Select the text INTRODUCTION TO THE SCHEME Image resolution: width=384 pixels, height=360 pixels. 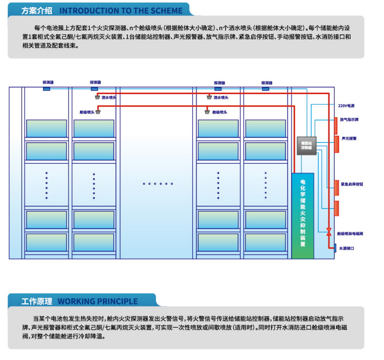coord(120,10)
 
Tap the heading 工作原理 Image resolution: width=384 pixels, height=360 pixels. coord(37,301)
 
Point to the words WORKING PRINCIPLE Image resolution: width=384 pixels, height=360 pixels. coord(98,301)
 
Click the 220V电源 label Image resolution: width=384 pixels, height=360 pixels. coord(346,106)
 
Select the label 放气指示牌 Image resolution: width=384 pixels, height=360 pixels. coord(350,120)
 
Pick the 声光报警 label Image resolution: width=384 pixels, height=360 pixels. coord(349,138)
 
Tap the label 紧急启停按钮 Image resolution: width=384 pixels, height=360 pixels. coord(352,184)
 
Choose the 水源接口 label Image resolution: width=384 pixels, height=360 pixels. coord(347,248)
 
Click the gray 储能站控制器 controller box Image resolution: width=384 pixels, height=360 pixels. coord(306,146)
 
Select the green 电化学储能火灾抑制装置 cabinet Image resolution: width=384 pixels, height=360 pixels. coord(303,215)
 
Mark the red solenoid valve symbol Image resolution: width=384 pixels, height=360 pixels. coord(329,232)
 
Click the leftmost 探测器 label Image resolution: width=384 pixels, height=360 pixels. coord(48,82)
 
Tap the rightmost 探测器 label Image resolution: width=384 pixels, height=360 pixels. coord(267,83)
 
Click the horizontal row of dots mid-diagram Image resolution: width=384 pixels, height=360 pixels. coord(158,183)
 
